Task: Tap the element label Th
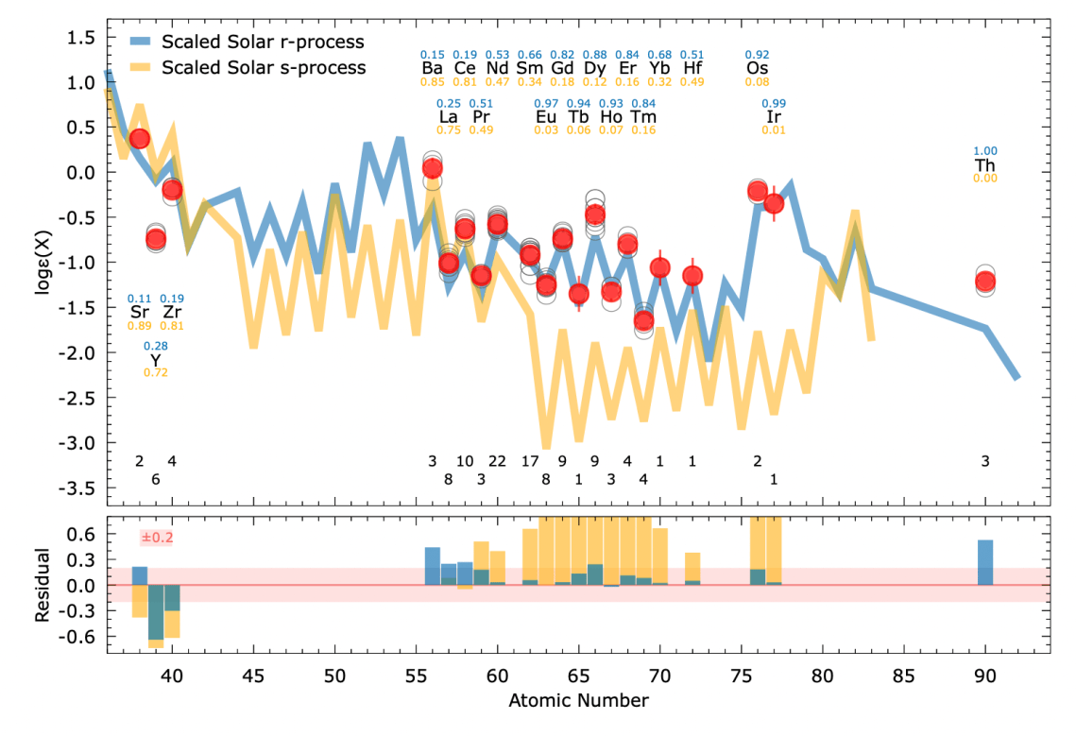click(x=985, y=165)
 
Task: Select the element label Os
click(x=757, y=69)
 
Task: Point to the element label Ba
click(x=432, y=69)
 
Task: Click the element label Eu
click(x=546, y=117)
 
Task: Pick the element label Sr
click(x=140, y=313)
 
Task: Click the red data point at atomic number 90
click(x=985, y=281)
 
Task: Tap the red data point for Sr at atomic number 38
click(x=140, y=138)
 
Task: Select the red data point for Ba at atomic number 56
click(x=432, y=168)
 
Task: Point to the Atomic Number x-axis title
click(x=578, y=701)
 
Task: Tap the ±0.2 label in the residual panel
click(x=157, y=538)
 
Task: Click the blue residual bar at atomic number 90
click(x=985, y=562)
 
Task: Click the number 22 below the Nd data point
click(x=497, y=461)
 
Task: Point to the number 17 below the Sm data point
click(x=530, y=461)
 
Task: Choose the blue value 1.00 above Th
click(x=985, y=151)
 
